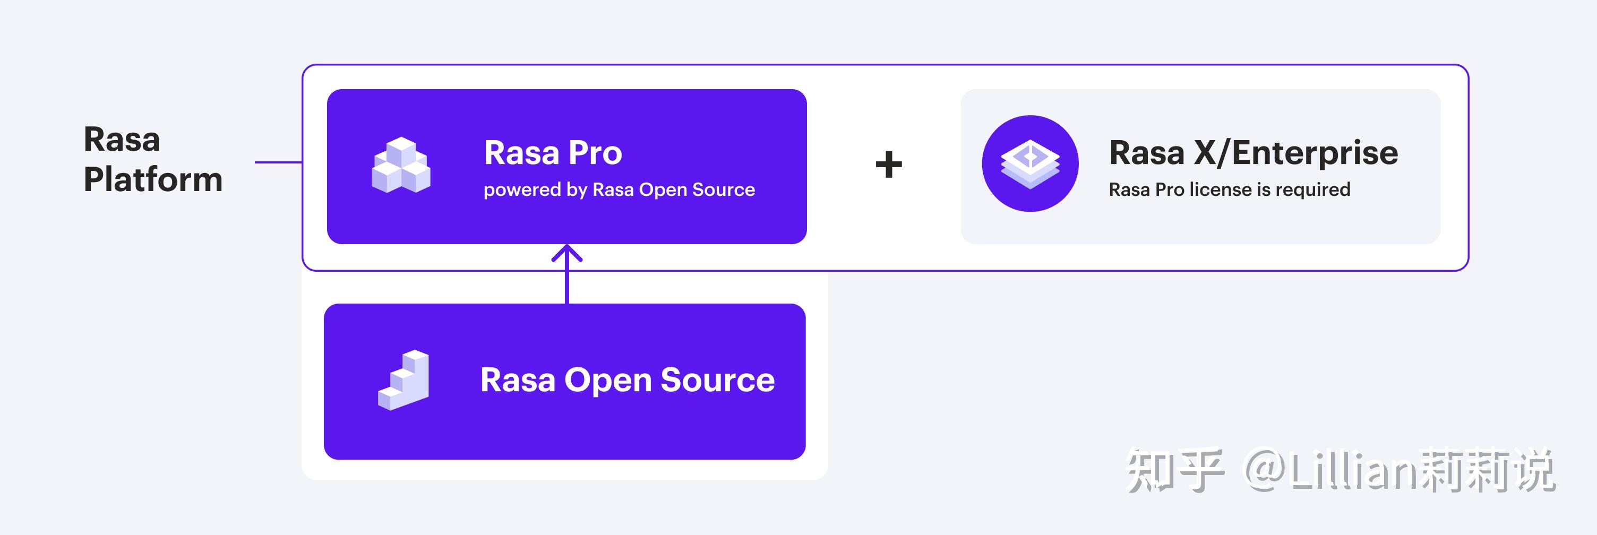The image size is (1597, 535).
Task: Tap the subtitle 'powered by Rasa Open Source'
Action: tap(619, 189)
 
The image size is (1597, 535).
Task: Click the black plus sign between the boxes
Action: tap(888, 165)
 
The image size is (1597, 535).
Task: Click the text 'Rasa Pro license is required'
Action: tap(1229, 189)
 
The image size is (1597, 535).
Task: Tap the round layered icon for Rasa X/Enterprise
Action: tap(1030, 163)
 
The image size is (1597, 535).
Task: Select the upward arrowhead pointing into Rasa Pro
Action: tap(566, 253)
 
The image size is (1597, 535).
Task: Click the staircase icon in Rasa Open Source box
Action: tap(403, 380)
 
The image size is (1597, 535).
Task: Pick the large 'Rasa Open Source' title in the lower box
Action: tap(627, 380)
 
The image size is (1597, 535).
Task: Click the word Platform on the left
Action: tap(152, 180)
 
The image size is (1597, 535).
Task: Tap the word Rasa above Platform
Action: tap(122, 140)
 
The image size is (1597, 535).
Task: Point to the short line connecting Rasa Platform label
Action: tap(278, 162)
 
